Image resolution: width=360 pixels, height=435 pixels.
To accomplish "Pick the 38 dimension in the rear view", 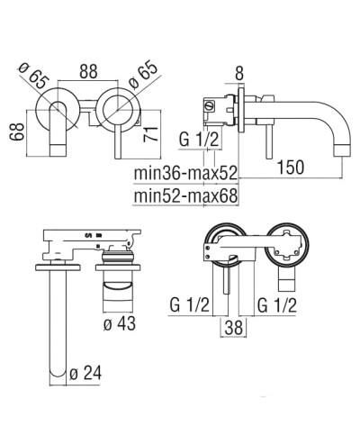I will pyautogui.click(x=232, y=329).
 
